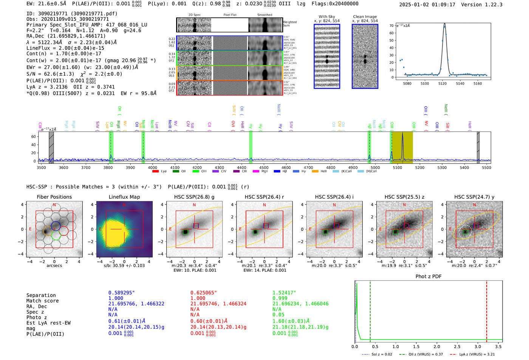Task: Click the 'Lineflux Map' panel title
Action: (124, 197)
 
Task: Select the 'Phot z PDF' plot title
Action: (428, 277)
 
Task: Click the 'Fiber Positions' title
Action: (54, 197)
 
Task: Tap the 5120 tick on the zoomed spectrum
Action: (442, 83)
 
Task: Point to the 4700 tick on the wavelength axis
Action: (308, 168)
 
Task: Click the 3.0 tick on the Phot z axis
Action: (478, 346)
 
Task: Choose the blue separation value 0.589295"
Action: (122, 293)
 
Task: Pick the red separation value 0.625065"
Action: (204, 293)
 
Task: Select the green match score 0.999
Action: (280, 298)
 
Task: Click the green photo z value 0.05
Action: (278, 315)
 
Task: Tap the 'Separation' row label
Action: (41, 295)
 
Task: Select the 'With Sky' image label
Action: (327, 17)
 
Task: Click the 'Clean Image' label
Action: (365, 17)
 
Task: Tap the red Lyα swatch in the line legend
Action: (155, 172)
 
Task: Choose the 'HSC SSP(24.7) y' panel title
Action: (474, 197)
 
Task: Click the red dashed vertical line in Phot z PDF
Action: (487, 310)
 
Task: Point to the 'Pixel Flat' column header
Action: (230, 15)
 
